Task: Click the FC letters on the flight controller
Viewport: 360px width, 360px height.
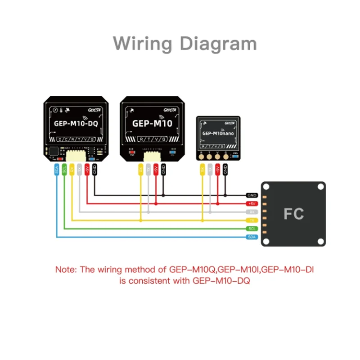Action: click(293, 214)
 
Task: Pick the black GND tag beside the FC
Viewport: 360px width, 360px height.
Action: click(252, 196)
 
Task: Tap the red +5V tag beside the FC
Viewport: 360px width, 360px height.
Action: click(252, 203)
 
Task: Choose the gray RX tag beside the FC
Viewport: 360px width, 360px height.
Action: click(252, 211)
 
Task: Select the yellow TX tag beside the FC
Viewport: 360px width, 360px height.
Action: click(252, 220)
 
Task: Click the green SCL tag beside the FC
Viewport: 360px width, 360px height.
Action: click(252, 228)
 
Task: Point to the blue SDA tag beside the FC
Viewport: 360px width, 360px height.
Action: click(252, 237)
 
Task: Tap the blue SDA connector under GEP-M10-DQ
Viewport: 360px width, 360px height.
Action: click(57, 170)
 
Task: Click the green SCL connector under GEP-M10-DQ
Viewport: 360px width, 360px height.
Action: click(64, 170)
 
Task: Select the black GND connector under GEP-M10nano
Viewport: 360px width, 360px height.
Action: click(225, 170)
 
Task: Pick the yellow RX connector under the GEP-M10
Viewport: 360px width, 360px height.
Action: click(141, 170)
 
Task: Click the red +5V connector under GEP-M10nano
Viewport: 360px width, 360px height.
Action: click(217, 170)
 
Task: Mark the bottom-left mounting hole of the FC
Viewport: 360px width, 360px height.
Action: click(266, 241)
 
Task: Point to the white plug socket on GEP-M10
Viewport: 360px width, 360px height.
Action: click(152, 156)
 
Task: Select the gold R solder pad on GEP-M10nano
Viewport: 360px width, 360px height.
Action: click(202, 157)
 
